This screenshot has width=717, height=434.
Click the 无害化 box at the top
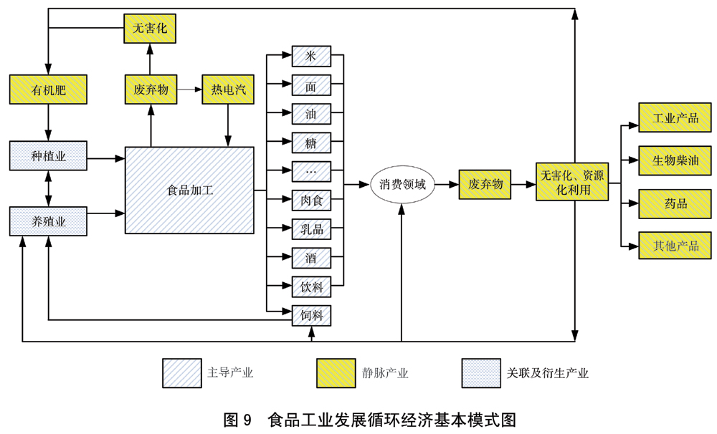click(149, 29)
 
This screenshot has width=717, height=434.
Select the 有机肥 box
click(48, 90)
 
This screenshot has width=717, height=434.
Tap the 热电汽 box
click(228, 90)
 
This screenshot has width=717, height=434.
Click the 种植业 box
click(48, 155)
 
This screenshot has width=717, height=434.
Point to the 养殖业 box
click(48, 221)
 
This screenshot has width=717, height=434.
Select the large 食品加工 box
click(189, 191)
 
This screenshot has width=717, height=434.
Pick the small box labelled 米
click(311, 57)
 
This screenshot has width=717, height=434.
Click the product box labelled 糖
click(311, 143)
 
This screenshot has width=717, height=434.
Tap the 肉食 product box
click(311, 200)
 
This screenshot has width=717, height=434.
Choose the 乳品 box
click(311, 229)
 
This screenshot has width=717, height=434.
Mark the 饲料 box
click(311, 315)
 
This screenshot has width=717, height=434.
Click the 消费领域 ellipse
click(402, 185)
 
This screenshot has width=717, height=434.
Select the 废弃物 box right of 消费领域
click(486, 185)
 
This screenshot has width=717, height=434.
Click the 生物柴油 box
click(675, 160)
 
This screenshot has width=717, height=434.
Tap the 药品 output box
click(675, 203)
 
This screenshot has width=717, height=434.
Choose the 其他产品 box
click(675, 246)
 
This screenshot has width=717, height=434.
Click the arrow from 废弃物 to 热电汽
click(189, 90)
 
